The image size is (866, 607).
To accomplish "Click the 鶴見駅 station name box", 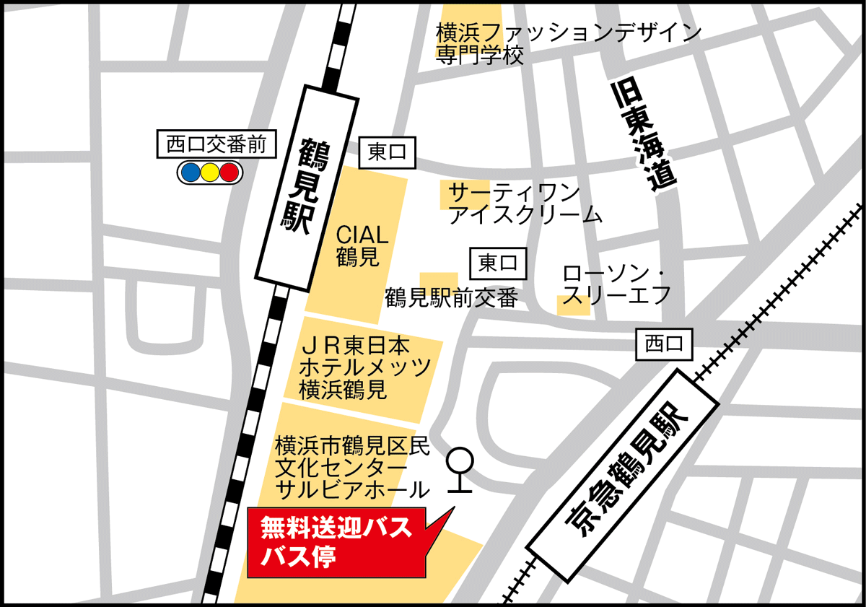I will [308, 185].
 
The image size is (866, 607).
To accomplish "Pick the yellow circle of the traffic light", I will [210, 173].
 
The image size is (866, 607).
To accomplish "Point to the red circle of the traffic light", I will [229, 173].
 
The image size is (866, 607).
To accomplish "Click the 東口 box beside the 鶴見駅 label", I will [388, 152].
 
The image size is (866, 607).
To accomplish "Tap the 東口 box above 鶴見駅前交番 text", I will [498, 263].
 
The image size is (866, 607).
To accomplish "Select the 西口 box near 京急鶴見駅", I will [664, 344].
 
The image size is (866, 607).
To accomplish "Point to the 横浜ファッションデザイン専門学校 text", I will [568, 43].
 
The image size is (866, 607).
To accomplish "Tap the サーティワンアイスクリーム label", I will [525, 204].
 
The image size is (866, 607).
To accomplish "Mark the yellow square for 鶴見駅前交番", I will [438, 284].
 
